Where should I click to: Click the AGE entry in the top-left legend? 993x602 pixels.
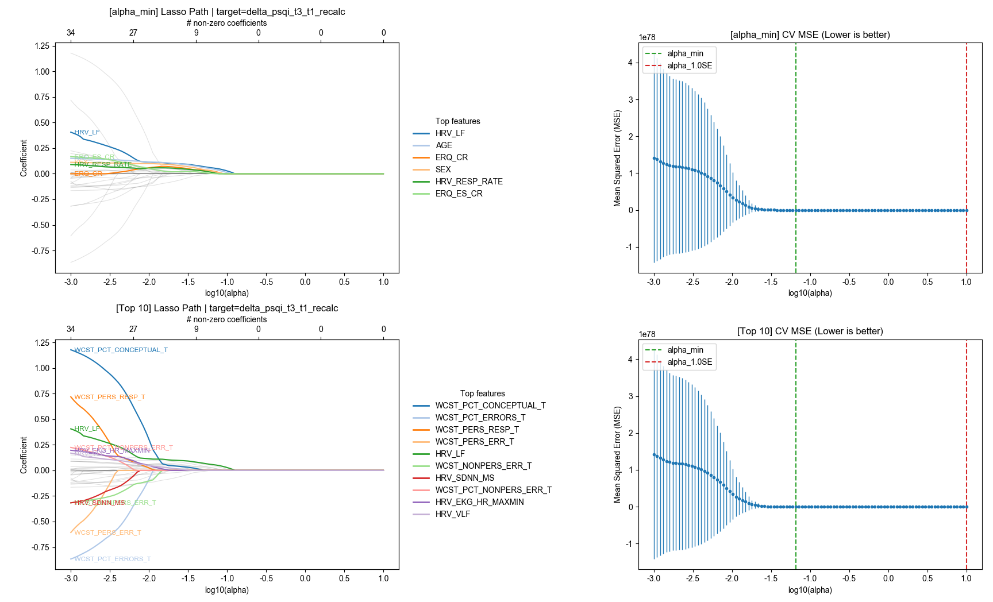tap(444, 145)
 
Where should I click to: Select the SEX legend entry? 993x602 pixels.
tap(443, 169)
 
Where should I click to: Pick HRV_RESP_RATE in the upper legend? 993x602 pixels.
tap(468, 182)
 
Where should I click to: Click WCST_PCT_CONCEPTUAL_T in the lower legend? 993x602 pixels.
tap(490, 406)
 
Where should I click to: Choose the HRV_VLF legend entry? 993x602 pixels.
tap(452, 514)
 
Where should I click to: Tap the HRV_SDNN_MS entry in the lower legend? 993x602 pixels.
tap(464, 478)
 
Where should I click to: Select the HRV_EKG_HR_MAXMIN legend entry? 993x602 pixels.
tap(479, 502)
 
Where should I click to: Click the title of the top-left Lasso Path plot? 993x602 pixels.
tap(227, 12)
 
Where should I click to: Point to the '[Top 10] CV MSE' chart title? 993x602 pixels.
tap(810, 331)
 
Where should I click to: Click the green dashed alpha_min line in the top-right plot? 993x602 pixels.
tap(796, 144)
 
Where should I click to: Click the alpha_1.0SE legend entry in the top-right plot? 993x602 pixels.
tap(689, 65)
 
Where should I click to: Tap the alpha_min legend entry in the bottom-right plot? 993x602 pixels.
tap(685, 350)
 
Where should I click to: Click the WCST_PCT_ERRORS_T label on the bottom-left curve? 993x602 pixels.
tap(113, 559)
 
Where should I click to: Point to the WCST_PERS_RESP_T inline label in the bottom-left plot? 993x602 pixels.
tap(109, 397)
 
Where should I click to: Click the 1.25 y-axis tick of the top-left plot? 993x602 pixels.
tap(42, 46)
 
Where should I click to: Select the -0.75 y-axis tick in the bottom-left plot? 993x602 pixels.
tap(40, 547)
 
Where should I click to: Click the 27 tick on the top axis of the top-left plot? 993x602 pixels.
tap(133, 33)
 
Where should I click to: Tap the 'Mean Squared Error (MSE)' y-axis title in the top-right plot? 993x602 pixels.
tap(618, 158)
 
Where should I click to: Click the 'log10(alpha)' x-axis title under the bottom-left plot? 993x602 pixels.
tap(227, 590)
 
